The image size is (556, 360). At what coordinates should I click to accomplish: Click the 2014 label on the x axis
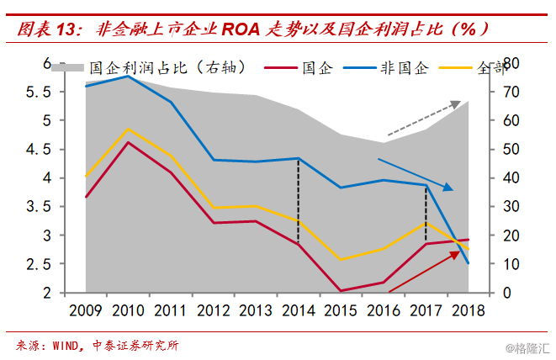click(299, 310)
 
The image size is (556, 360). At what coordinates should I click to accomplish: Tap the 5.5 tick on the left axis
click(39, 93)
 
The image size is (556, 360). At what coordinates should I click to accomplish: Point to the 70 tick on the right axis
click(511, 93)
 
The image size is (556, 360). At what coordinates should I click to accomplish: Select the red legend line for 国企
click(280, 68)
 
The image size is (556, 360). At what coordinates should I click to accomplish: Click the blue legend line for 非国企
click(359, 68)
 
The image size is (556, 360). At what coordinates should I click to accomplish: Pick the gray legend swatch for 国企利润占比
click(67, 68)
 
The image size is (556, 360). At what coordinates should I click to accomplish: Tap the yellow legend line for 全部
click(456, 68)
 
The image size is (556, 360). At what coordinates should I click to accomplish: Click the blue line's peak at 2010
click(128, 76)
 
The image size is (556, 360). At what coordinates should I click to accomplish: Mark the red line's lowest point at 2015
click(341, 291)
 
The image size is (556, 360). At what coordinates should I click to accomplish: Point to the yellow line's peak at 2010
click(128, 129)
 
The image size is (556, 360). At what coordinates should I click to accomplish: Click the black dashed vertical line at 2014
click(299, 201)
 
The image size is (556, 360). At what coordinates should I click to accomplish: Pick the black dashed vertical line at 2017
click(426, 213)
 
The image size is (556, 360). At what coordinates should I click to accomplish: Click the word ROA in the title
click(241, 29)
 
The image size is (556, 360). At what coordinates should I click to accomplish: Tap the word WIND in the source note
click(66, 346)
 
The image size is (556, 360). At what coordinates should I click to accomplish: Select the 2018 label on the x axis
click(468, 310)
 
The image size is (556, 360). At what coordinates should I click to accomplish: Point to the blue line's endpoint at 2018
click(469, 263)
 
